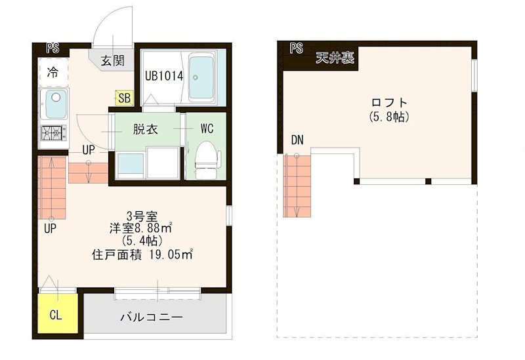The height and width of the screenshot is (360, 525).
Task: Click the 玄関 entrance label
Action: [x=113, y=61]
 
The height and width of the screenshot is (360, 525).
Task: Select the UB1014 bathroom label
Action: [x=163, y=75]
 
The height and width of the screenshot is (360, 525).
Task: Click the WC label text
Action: [x=207, y=129]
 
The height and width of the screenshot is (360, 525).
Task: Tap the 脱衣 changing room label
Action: [x=145, y=129]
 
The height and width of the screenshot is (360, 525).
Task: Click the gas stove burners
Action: [x=53, y=134]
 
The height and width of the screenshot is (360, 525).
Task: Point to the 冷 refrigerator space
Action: [x=52, y=73]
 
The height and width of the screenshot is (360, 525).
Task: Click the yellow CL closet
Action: [x=56, y=315]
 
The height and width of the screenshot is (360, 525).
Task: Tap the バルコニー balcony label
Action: [x=151, y=317]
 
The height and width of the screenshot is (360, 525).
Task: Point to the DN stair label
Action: [x=298, y=140]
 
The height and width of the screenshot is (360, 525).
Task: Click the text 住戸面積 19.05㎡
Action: [x=142, y=254]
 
